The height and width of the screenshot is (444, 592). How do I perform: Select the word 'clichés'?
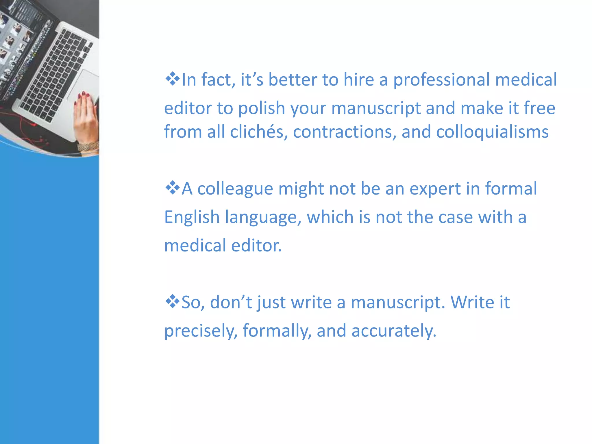[x=259, y=132]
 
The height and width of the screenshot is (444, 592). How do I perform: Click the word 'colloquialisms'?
[x=492, y=132]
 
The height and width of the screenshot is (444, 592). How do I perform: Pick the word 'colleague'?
[x=235, y=189]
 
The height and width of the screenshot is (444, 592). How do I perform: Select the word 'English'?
[x=192, y=217]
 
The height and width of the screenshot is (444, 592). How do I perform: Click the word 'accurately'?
[x=393, y=331]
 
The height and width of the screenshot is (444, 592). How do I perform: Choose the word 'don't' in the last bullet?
[x=231, y=302]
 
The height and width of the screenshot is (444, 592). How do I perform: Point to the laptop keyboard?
[x=55, y=75]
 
